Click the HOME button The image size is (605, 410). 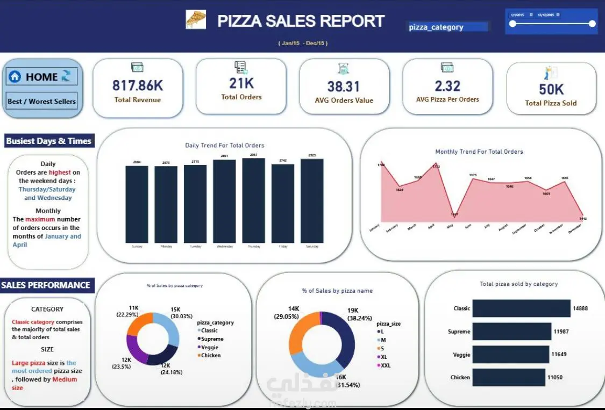pos(42,77)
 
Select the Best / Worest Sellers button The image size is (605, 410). pos(42,101)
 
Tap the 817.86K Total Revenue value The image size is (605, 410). pos(138,85)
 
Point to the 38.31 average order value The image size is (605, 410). pos(344,87)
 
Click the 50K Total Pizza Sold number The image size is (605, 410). pos(551,89)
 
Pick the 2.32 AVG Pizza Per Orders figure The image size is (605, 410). pos(447,85)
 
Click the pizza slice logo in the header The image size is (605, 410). pos(196,20)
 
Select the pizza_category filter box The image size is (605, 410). pos(447,27)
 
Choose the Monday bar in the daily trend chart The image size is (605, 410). pos(166,204)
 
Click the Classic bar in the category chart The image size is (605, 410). pos(521,308)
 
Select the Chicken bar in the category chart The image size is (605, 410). pos(509,377)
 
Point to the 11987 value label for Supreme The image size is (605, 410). pos(561,332)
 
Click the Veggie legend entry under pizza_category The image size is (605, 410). pos(210,347)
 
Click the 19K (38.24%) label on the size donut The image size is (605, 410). pos(360,314)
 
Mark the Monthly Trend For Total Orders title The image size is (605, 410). pos(479,152)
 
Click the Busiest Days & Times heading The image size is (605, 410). pos(49,141)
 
